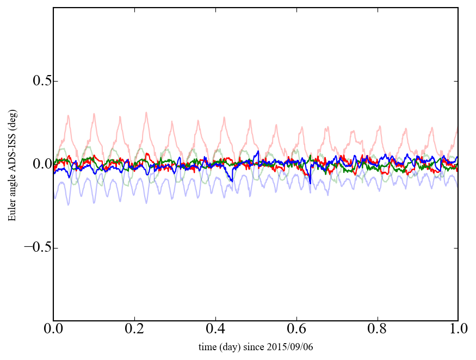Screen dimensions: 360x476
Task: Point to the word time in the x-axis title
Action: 207,347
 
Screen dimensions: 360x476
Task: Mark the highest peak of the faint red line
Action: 146,113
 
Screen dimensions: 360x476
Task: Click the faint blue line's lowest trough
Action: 68,205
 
